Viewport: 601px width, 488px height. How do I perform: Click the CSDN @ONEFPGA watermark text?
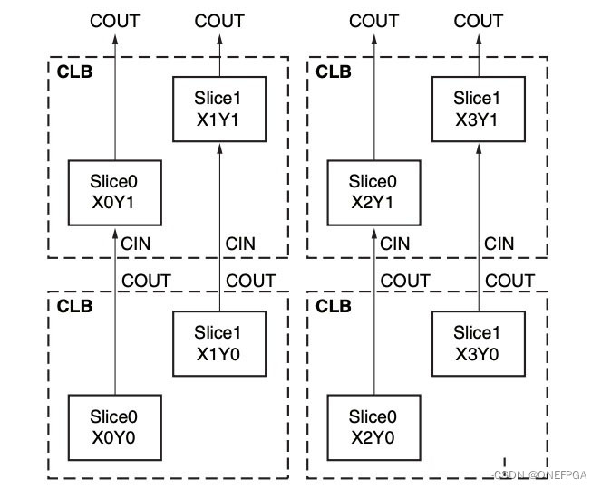point(540,474)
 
